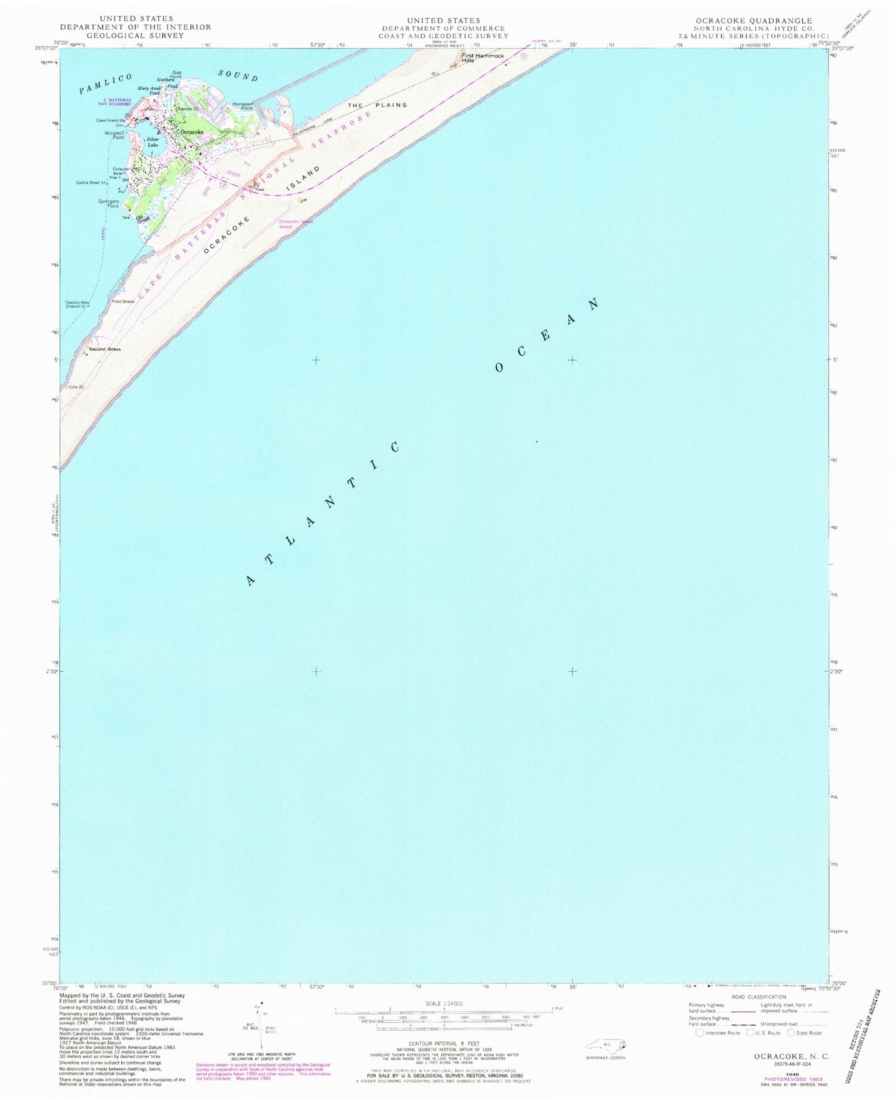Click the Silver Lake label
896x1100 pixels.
click(153, 142)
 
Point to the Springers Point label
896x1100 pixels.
click(109, 203)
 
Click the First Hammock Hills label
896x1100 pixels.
click(482, 58)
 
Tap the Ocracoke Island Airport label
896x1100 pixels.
click(295, 224)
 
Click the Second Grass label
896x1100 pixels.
click(105, 349)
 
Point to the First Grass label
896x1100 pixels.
click(123, 301)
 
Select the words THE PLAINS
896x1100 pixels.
click(377, 105)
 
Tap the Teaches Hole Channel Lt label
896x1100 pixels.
click(77, 304)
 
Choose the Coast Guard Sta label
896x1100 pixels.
click(110, 120)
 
